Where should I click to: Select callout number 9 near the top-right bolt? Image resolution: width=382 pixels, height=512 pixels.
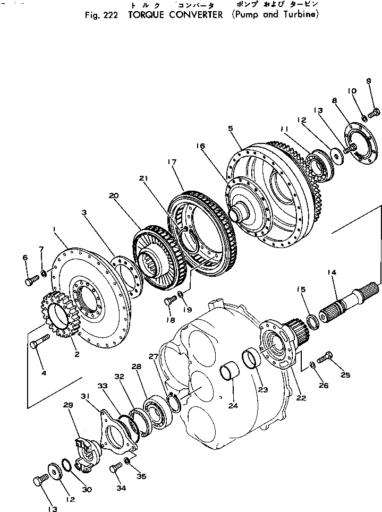[368, 81]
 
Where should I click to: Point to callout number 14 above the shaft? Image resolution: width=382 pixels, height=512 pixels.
[332, 272]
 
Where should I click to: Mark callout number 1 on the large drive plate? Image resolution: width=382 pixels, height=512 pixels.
[55, 229]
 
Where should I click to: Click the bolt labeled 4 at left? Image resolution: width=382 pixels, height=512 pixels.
[40, 341]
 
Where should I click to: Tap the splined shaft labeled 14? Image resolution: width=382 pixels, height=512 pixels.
[345, 302]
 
